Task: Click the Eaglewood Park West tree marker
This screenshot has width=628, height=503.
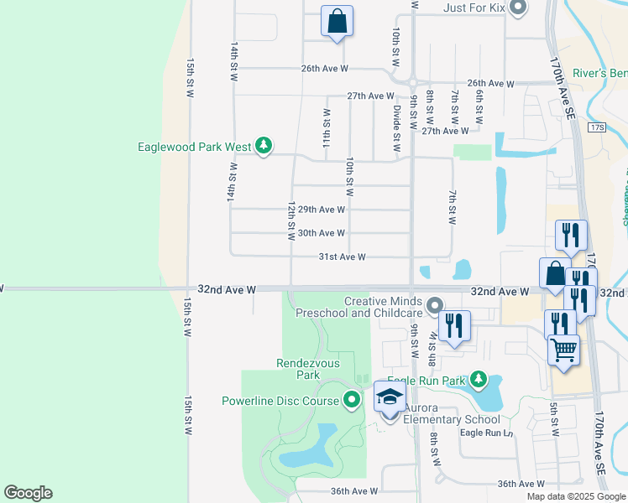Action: pos(264,147)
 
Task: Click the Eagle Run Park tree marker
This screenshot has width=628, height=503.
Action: pos(479,380)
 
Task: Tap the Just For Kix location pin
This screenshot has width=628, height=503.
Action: pos(517,8)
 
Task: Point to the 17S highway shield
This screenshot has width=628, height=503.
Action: pos(597,127)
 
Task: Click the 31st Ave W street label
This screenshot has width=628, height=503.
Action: pos(342,257)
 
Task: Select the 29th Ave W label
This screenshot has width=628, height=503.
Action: pos(322,210)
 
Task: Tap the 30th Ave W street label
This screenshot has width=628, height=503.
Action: pos(322,233)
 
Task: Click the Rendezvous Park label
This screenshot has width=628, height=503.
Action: pos(309,369)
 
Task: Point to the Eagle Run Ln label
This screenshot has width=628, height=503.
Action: pos(486,433)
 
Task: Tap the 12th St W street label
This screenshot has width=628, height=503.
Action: pos(291,220)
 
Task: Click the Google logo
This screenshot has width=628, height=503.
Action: pos(28,493)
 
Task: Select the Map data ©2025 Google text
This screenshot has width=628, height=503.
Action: pos(575,496)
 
